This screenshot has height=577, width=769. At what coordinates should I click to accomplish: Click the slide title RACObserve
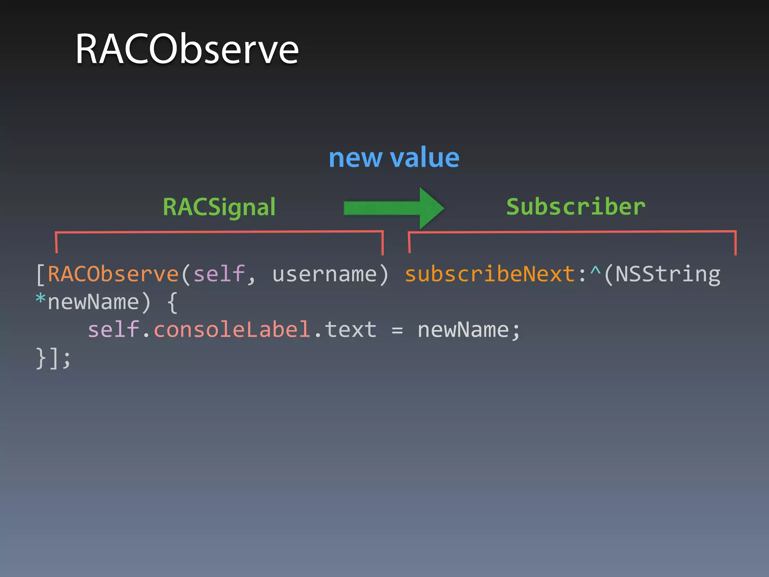pyautogui.click(x=187, y=49)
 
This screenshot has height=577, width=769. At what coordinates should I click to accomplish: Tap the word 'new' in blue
pyautogui.click(x=355, y=158)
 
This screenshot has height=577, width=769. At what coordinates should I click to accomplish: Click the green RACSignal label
pyautogui.click(x=219, y=207)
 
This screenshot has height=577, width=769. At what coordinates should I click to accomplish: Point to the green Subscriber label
pyautogui.click(x=576, y=207)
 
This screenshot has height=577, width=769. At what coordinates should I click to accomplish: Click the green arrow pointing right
pyautogui.click(x=394, y=208)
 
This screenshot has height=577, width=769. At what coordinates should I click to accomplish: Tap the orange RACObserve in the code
pyautogui.click(x=113, y=274)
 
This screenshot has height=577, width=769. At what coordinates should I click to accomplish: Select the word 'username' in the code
pyautogui.click(x=324, y=274)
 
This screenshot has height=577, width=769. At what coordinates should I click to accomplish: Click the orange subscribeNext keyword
pyautogui.click(x=490, y=274)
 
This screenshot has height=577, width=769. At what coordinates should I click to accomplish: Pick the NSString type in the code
pyautogui.click(x=668, y=274)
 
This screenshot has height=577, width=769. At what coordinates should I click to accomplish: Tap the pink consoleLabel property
pyautogui.click(x=232, y=329)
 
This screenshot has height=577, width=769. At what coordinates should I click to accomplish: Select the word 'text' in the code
pyautogui.click(x=350, y=329)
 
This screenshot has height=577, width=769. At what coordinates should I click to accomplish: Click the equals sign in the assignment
pyautogui.click(x=397, y=330)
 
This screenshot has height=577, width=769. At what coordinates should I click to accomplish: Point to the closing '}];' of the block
pyautogui.click(x=53, y=358)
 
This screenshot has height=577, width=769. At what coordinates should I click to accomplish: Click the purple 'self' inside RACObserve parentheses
pyautogui.click(x=219, y=274)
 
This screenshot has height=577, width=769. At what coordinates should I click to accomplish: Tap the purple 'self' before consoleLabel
pyautogui.click(x=113, y=329)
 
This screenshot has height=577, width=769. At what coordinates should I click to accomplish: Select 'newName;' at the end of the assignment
pyautogui.click(x=469, y=330)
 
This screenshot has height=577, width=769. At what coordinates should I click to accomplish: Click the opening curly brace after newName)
pyautogui.click(x=172, y=302)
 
